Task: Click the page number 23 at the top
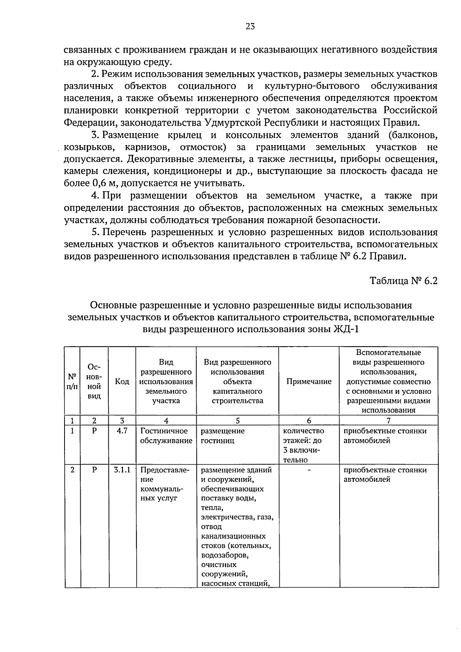250,27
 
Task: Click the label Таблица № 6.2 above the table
403,281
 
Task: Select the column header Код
122,382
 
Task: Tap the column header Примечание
309,382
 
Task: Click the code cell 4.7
122,431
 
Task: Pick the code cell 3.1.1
122,470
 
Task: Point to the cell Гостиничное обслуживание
166,436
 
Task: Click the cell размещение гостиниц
222,436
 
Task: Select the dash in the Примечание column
309,470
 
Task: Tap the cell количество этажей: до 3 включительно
303,445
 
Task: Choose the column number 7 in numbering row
388,420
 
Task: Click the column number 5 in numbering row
237,420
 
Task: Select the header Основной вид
94,382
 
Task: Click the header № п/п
72,382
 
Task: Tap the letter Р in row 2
94,470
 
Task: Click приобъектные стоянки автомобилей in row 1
385,436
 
